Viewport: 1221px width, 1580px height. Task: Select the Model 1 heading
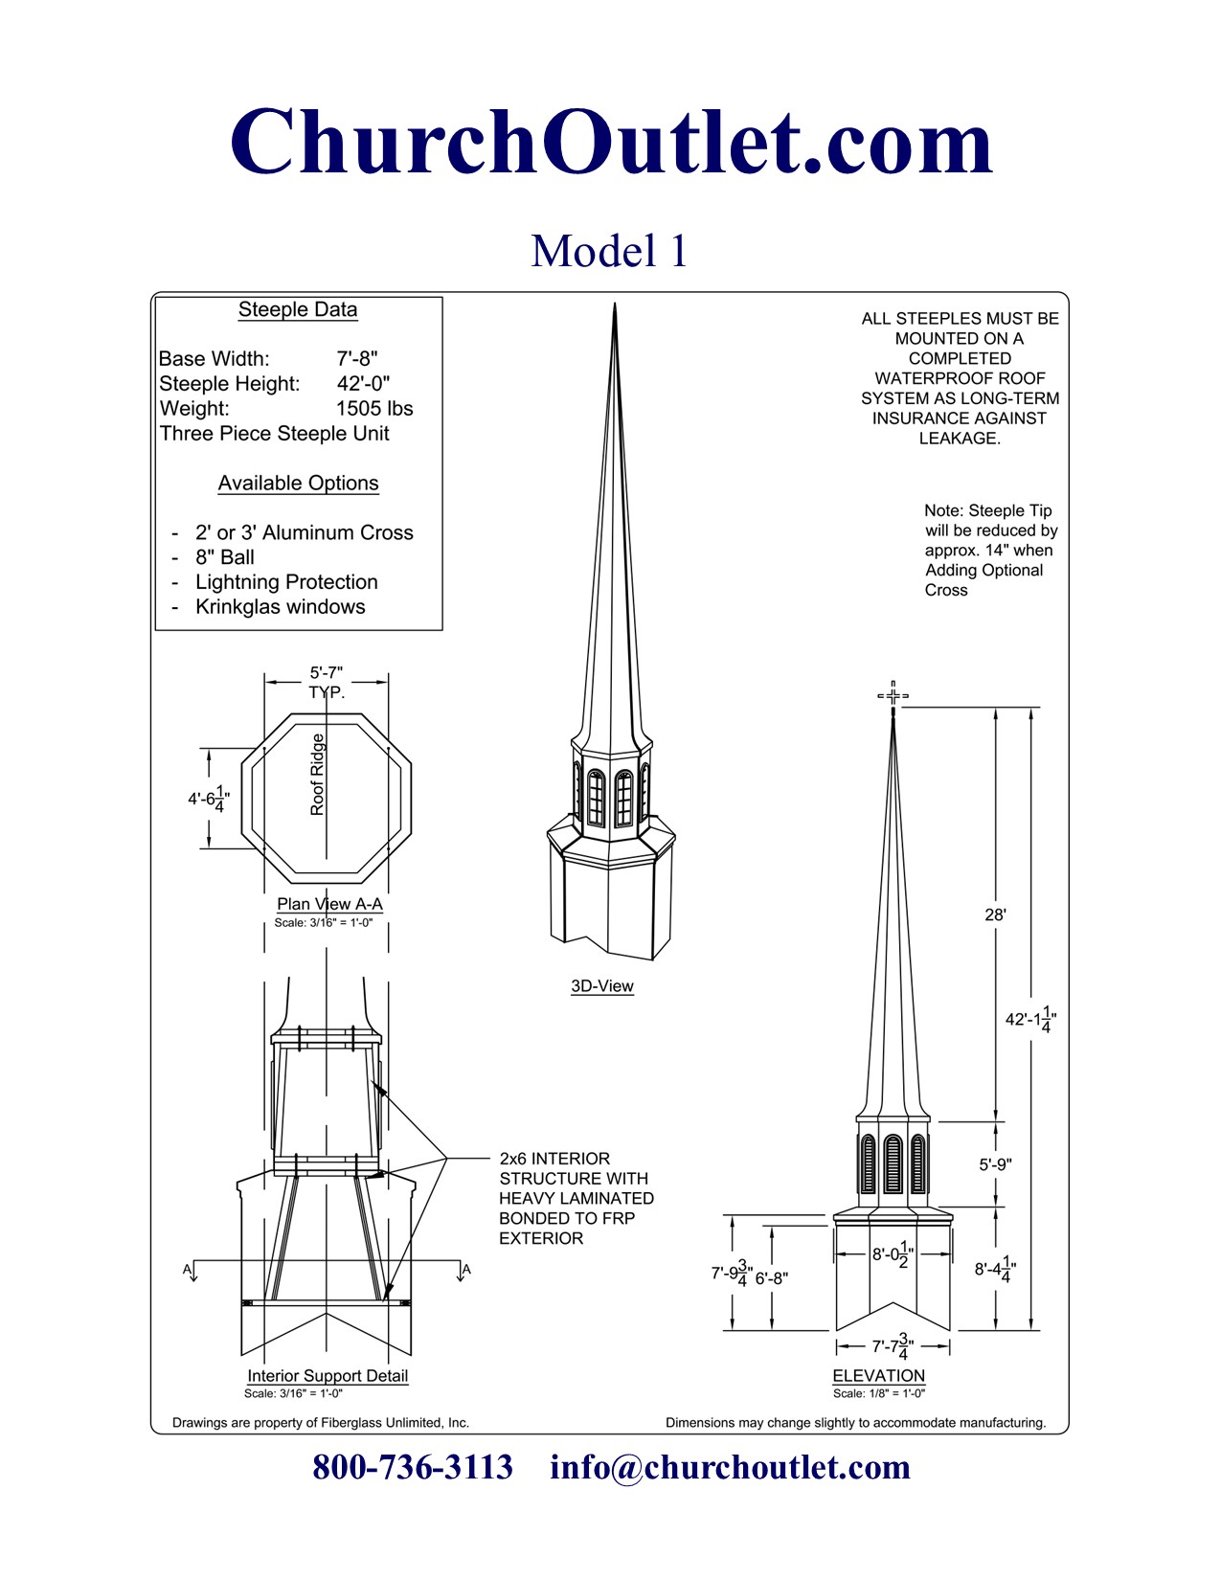click(x=609, y=251)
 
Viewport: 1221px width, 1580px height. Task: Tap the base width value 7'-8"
click(x=357, y=359)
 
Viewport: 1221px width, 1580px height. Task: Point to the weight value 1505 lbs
click(x=374, y=409)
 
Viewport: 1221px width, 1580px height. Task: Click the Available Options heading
click(x=298, y=484)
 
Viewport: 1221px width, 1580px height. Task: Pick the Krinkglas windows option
click(x=280, y=607)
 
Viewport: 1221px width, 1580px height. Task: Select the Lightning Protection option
click(x=286, y=582)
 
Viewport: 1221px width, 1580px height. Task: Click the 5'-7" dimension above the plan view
click(x=326, y=673)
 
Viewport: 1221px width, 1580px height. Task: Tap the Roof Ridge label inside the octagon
click(x=317, y=775)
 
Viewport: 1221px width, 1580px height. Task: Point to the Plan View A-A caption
click(x=329, y=904)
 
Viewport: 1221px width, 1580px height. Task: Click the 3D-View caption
click(x=602, y=986)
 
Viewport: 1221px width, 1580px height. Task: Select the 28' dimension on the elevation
click(x=995, y=915)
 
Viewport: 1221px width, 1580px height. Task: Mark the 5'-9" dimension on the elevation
click(x=995, y=1165)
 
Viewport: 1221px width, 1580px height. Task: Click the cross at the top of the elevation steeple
click(x=893, y=696)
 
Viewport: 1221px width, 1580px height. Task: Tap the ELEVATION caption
click(x=878, y=1376)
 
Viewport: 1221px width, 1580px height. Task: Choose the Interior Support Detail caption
click(x=328, y=1376)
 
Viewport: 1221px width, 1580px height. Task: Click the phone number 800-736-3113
click(x=413, y=1467)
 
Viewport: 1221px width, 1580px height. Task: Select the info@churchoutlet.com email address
click(x=730, y=1467)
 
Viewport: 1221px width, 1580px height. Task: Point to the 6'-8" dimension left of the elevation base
click(x=772, y=1278)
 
